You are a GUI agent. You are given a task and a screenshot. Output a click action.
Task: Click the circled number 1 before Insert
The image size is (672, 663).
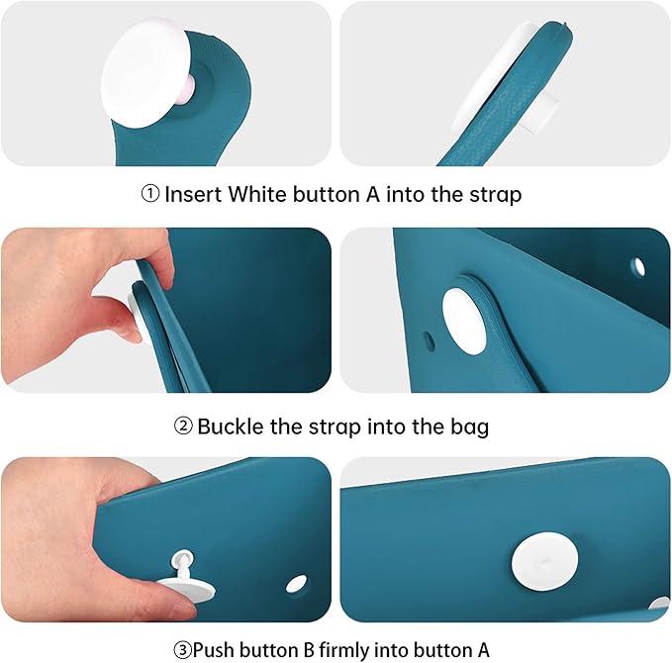[x=150, y=194]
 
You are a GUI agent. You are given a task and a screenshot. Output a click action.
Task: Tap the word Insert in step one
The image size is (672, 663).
[x=193, y=194]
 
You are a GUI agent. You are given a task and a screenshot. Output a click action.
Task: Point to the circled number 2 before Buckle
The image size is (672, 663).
[x=183, y=426]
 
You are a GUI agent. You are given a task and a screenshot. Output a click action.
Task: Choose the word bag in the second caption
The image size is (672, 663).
[x=469, y=428]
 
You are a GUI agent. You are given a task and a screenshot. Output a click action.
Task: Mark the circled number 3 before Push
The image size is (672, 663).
[x=182, y=650]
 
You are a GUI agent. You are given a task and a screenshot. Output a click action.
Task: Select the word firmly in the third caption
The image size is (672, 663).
[x=343, y=650]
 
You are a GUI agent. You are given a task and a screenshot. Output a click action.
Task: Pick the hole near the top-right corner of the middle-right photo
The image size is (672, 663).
[x=639, y=266]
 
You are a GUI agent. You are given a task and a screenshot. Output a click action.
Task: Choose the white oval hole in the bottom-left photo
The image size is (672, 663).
[x=296, y=583]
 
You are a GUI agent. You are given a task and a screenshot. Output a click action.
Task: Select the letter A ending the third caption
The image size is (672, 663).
[x=483, y=650]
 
